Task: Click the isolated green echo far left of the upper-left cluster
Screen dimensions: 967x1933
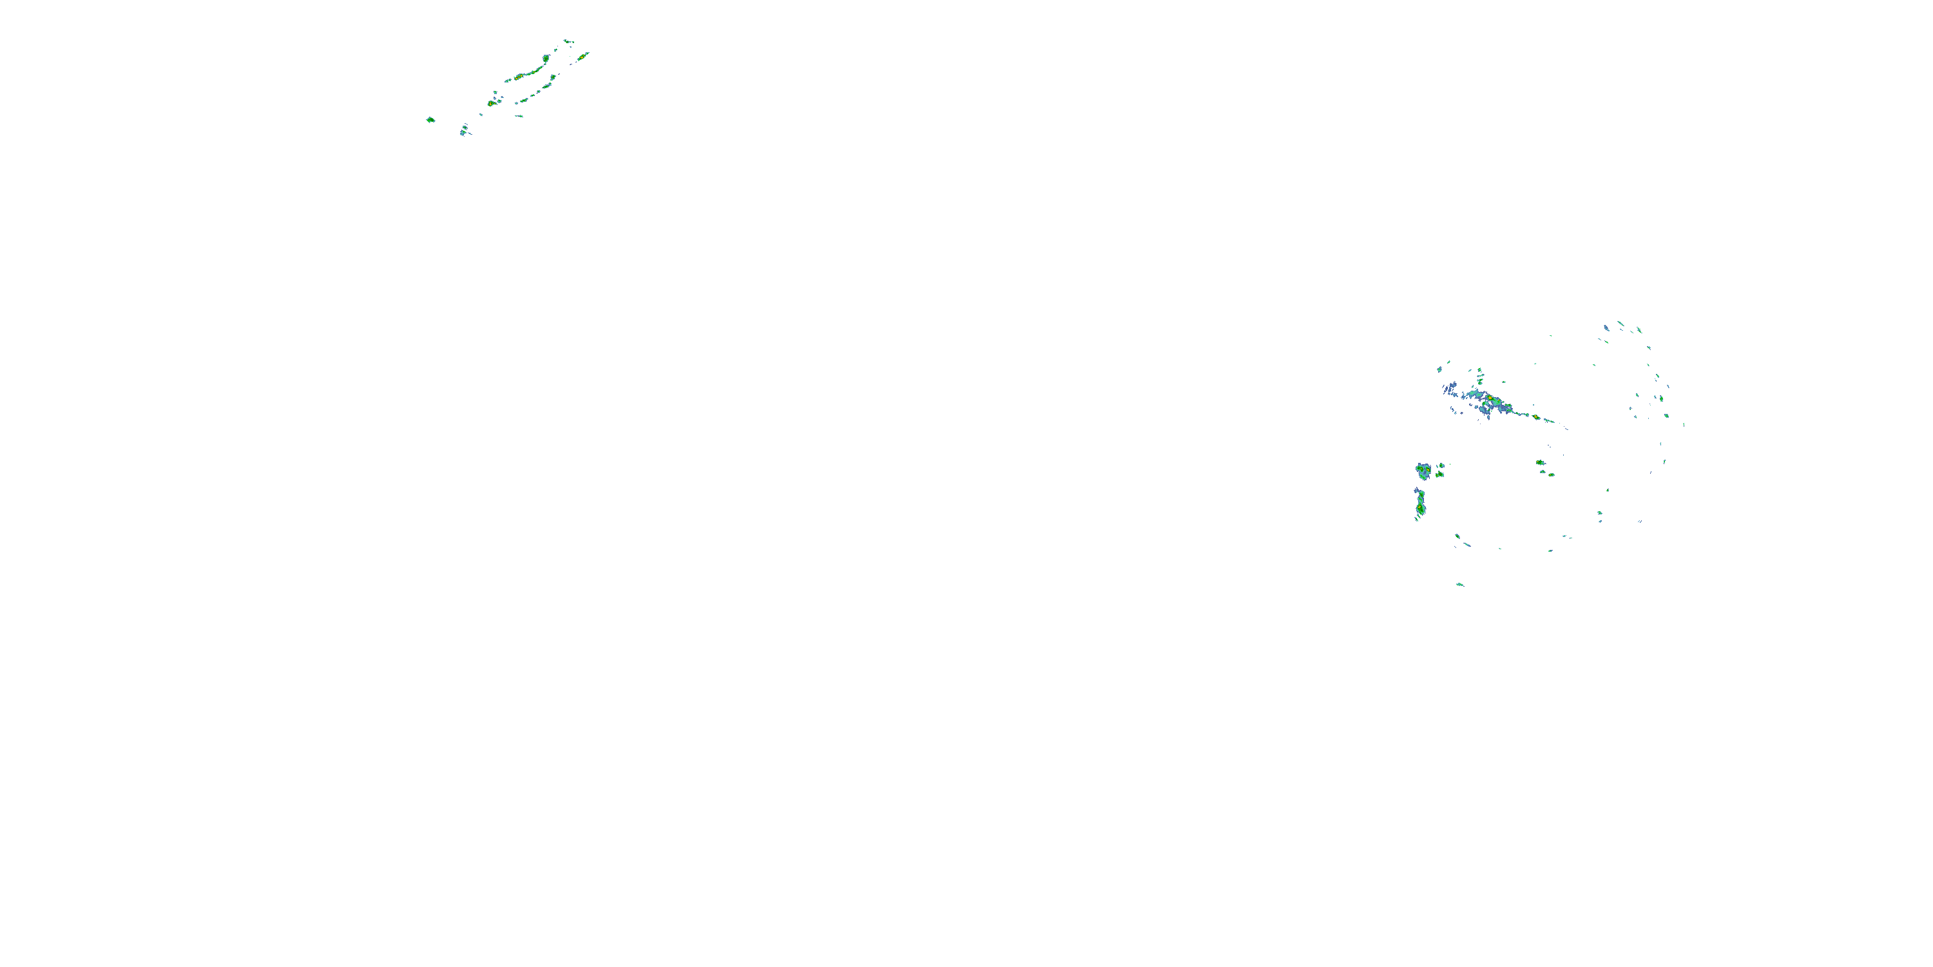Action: coord(430,119)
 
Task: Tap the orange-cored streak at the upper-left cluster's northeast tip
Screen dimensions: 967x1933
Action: coord(582,56)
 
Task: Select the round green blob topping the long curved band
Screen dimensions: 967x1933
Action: coord(546,58)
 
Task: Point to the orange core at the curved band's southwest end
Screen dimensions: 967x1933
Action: coord(518,77)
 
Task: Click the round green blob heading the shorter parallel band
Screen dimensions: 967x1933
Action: coord(553,77)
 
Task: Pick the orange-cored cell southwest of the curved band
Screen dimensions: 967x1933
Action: coord(491,103)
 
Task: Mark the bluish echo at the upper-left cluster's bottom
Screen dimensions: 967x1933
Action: coord(464,131)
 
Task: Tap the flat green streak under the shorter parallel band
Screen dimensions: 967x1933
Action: coord(519,117)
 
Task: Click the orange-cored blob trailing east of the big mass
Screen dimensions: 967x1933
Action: coord(1536,418)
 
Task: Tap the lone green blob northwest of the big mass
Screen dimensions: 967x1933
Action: coord(1440,369)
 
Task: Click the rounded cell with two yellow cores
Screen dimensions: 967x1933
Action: coord(1423,471)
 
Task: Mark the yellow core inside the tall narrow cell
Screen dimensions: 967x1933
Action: coord(1421,510)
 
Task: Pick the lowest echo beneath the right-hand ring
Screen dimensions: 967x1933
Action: coord(1460,584)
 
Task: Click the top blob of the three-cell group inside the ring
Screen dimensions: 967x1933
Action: coord(1539,462)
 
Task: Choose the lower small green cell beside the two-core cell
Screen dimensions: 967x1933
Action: coord(1439,474)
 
